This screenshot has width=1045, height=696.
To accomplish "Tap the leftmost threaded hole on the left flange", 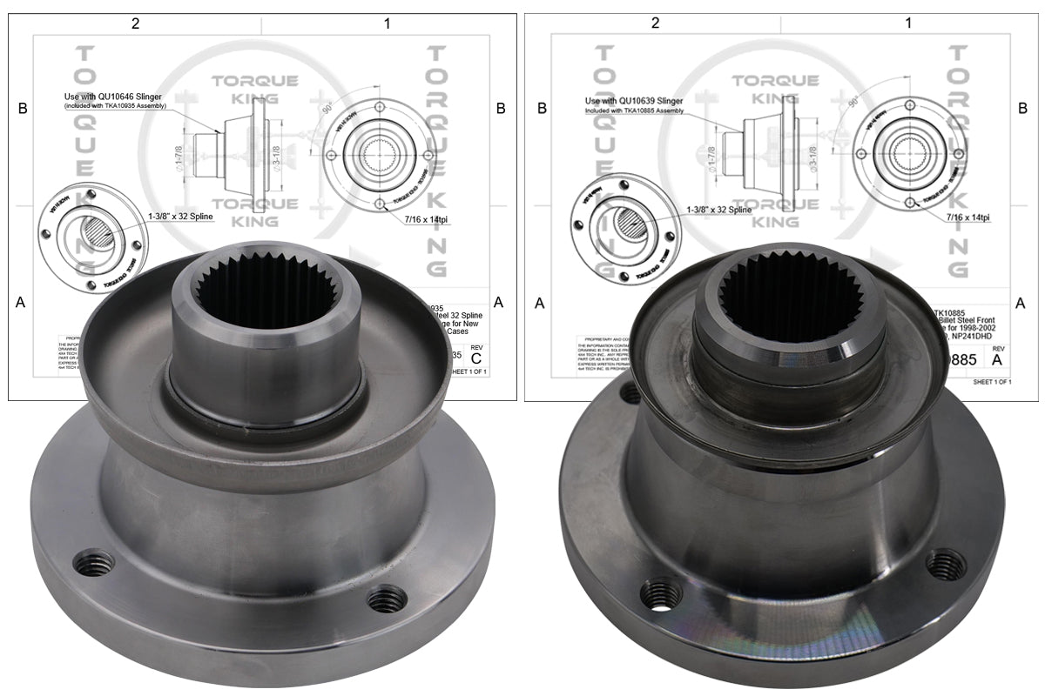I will [92, 564].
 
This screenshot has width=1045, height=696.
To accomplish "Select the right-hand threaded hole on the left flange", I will [386, 599].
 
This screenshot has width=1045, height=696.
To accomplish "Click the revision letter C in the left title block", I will [475, 358].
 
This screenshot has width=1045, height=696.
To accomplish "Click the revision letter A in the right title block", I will [997, 358].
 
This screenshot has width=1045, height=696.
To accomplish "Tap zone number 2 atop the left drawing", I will [135, 23].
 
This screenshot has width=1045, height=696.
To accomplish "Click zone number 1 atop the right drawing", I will [908, 23].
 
